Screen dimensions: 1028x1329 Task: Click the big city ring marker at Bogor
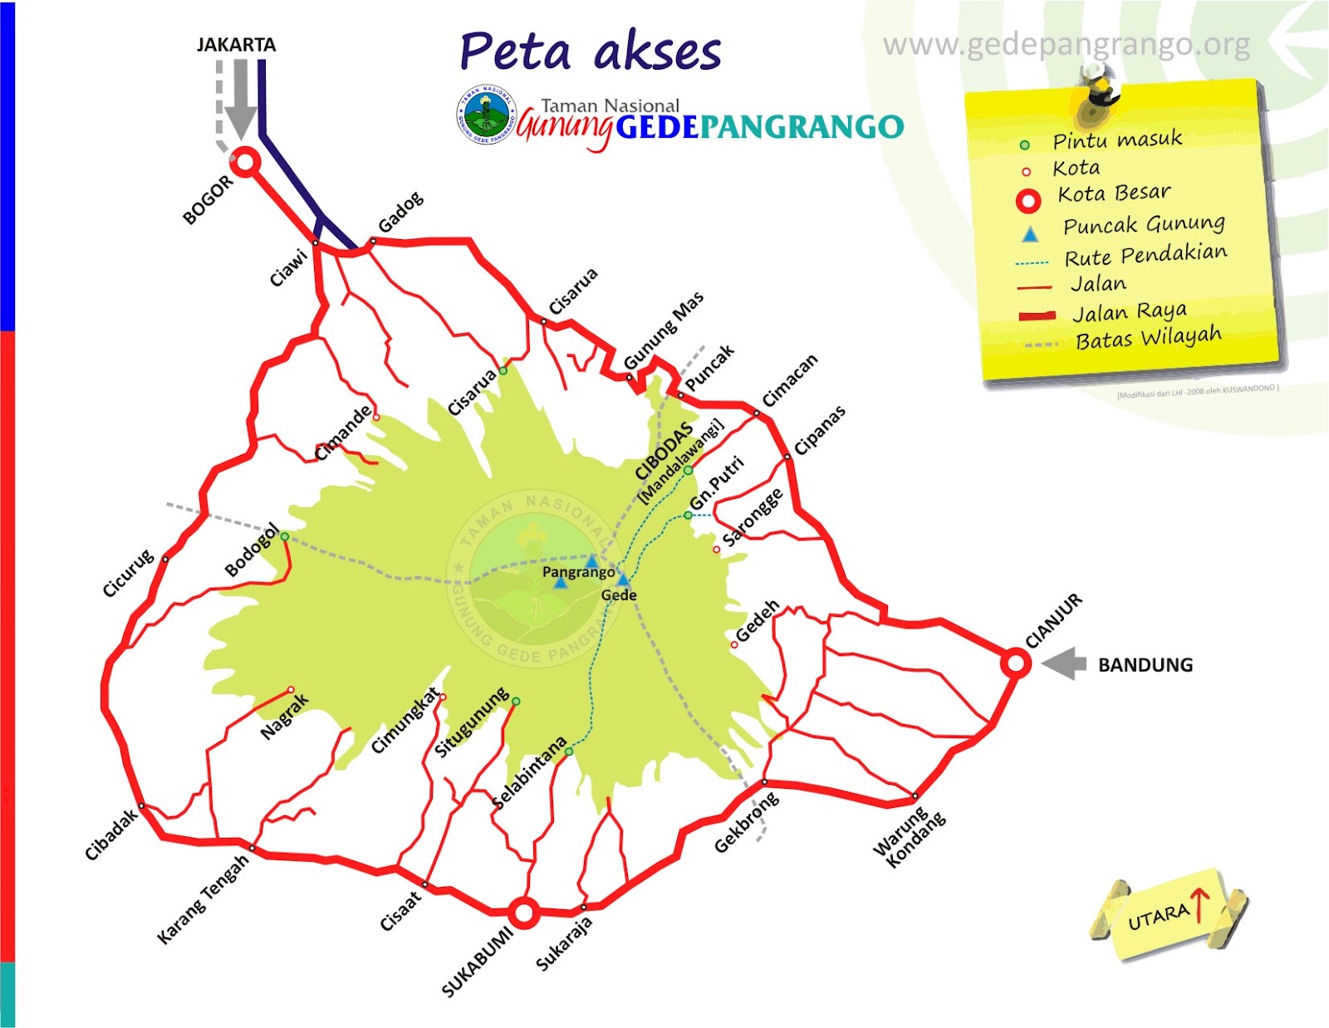[x=244, y=163]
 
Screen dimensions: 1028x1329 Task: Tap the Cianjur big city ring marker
[x=1015, y=663]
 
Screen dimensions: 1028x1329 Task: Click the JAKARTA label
[x=236, y=45]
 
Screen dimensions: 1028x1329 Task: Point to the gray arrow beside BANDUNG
[x=1064, y=663]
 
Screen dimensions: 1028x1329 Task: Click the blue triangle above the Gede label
[x=623, y=579]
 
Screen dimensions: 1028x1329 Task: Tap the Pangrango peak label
[x=578, y=572]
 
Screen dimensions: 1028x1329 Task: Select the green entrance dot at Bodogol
[x=285, y=536]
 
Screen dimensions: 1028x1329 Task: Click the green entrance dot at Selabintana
[x=569, y=751]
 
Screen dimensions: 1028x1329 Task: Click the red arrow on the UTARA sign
[x=1199, y=903]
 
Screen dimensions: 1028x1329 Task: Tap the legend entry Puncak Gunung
[x=1144, y=225]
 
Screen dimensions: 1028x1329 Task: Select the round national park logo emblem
[x=487, y=115]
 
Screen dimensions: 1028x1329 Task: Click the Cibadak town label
[x=111, y=835]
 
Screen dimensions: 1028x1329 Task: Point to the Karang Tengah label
[x=203, y=899]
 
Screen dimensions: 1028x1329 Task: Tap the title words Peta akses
[x=591, y=51]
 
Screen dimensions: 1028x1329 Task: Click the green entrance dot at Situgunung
[x=516, y=702]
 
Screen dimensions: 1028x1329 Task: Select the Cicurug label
[x=128, y=573]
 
